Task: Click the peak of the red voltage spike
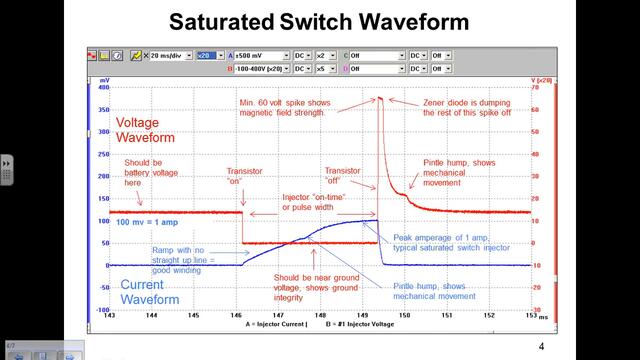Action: pyautogui.click(x=379, y=98)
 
